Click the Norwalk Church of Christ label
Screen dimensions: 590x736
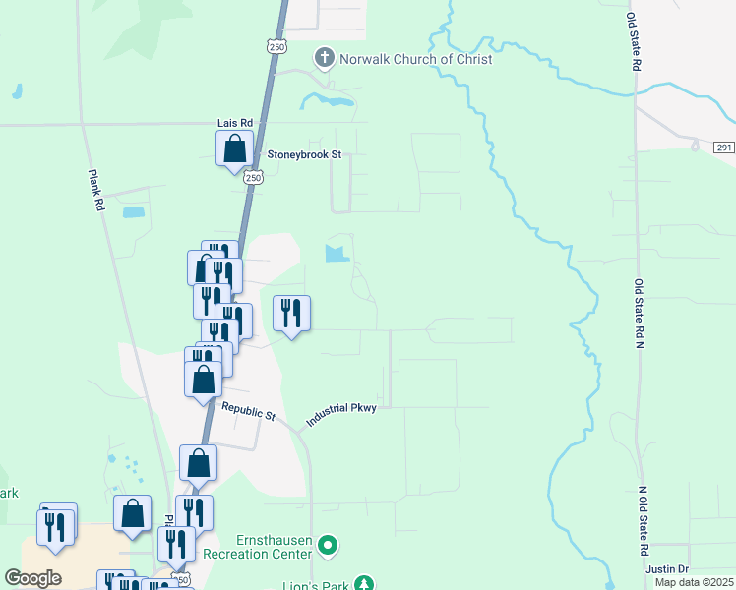[x=415, y=59]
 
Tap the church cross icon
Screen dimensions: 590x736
[x=324, y=59]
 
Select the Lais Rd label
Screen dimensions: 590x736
[x=235, y=123]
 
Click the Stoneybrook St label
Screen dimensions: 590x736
[x=304, y=155]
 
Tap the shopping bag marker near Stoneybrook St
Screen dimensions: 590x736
[x=235, y=150]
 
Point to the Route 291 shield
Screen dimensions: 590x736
[x=724, y=147]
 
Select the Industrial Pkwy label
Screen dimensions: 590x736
[x=340, y=413]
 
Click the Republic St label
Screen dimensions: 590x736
[x=248, y=411]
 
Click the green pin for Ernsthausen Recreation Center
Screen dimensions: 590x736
[x=330, y=543]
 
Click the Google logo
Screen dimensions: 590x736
[x=32, y=578]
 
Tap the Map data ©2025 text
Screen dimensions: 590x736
[x=693, y=582]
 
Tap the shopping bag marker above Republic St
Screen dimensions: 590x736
[x=204, y=379]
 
